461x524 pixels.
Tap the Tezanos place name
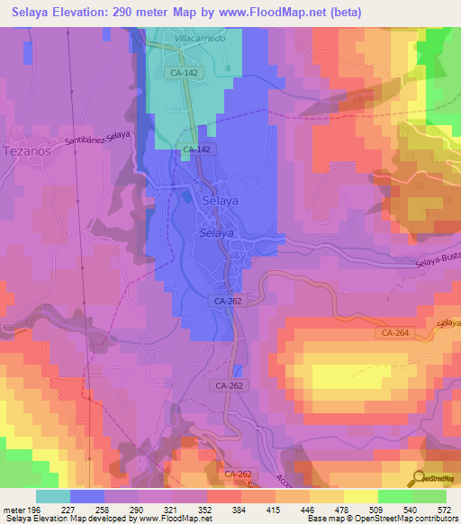tap(30, 150)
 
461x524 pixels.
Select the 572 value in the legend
tap(444, 509)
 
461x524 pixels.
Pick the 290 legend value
tap(137, 509)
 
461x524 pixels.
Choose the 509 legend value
tap(376, 509)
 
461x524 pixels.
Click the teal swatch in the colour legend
tap(53, 496)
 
